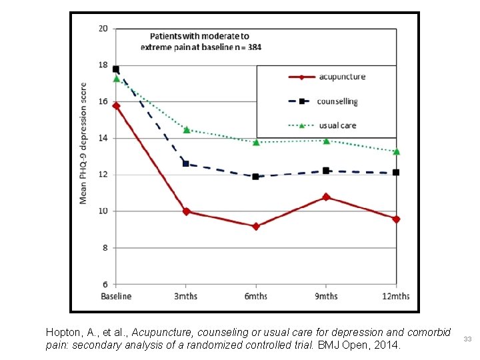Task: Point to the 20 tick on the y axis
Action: click(x=103, y=29)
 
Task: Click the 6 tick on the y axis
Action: click(x=105, y=284)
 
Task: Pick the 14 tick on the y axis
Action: click(x=103, y=138)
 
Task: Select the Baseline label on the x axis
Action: click(x=116, y=296)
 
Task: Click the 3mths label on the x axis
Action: click(x=186, y=296)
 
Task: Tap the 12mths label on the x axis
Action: click(x=396, y=296)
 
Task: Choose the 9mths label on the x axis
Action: click(x=326, y=296)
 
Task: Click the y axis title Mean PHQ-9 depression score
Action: click(x=83, y=143)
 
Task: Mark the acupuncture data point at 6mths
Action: click(x=256, y=226)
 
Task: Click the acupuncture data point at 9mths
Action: click(x=326, y=197)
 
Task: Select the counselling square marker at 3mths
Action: click(x=186, y=163)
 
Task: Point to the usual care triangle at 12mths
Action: click(x=396, y=151)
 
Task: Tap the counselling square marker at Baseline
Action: click(x=116, y=69)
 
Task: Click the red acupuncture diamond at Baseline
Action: click(x=116, y=105)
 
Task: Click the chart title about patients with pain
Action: click(x=199, y=41)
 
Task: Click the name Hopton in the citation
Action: click(x=60, y=332)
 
